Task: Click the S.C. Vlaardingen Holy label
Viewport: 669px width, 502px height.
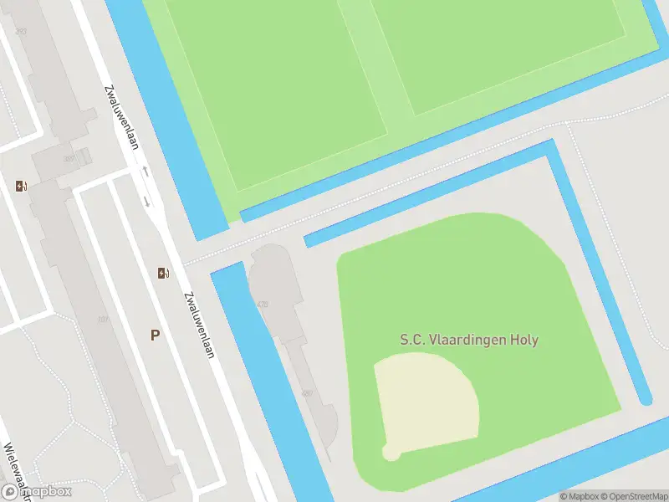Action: point(468,341)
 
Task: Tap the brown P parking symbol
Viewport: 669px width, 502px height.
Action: point(155,335)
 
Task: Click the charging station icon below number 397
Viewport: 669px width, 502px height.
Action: point(20,186)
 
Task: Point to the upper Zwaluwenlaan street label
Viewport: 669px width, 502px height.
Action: point(121,117)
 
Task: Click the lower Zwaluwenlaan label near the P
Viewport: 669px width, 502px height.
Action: point(200,325)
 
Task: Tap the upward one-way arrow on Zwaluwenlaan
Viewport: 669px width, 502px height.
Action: point(146,172)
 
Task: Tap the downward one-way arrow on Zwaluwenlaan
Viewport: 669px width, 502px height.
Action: point(147,201)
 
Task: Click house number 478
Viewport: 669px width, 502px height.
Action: point(263,305)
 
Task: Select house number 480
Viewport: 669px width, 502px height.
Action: point(307,393)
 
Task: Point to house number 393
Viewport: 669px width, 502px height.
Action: point(20,32)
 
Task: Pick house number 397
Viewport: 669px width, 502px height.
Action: point(69,158)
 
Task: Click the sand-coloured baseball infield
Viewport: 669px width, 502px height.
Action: point(426,402)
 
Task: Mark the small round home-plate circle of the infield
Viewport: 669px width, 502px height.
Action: point(389,453)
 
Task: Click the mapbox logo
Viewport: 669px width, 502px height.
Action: point(37,491)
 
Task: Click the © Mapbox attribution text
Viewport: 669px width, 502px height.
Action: point(580,496)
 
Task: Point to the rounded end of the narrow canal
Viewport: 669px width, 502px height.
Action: point(646,400)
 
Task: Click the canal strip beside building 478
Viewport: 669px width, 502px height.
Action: point(243,335)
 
